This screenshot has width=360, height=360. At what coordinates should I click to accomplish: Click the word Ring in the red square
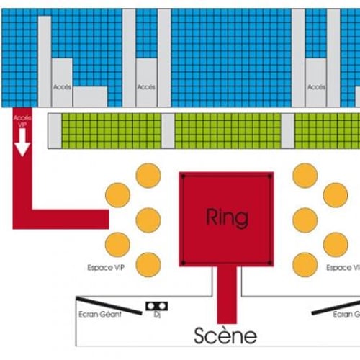click(227, 218)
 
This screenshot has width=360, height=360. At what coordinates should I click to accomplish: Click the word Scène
click(225, 336)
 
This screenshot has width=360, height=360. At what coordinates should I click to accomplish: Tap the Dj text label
click(157, 315)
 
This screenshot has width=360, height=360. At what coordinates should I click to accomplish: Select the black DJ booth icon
click(157, 306)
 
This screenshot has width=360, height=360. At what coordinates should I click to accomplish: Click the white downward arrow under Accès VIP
click(22, 143)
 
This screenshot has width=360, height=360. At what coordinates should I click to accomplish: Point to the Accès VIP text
click(22, 121)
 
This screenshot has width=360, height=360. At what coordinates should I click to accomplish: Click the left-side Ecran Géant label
click(100, 314)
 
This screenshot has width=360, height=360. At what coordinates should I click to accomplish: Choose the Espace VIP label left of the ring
click(106, 267)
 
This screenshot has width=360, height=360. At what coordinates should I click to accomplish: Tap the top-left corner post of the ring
click(183, 176)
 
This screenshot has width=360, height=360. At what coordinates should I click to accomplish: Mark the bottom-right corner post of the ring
click(269, 263)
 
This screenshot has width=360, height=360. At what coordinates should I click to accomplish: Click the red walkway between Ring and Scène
click(227, 294)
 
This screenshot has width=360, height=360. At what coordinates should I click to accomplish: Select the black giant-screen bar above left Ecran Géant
click(109, 305)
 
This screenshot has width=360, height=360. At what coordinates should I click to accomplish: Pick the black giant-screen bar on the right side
click(336, 307)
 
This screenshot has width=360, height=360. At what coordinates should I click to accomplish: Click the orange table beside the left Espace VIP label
click(148, 265)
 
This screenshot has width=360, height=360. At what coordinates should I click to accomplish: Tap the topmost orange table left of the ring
click(148, 176)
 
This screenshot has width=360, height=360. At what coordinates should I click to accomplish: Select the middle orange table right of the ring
click(305, 220)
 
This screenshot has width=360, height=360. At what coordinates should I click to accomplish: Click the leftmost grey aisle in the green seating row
click(55, 131)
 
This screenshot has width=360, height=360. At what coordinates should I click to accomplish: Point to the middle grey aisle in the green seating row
click(168, 131)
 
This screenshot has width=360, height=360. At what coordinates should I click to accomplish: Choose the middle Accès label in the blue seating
click(146, 87)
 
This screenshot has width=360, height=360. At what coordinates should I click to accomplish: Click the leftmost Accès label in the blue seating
click(62, 87)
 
